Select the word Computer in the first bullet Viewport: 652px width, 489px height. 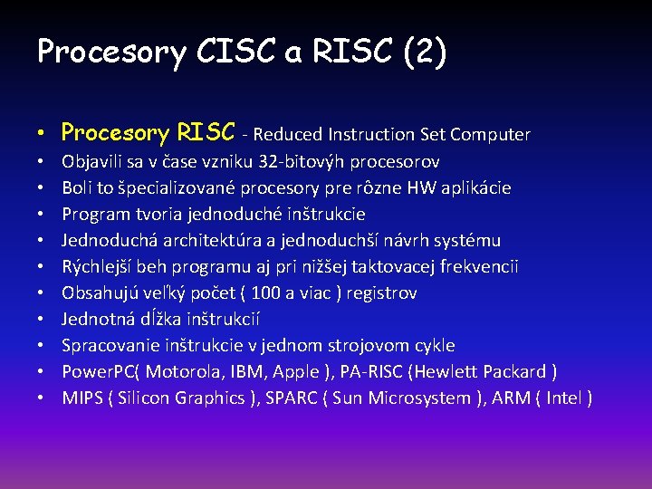pyautogui.click(x=490, y=135)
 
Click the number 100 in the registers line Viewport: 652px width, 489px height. pyautogui.click(x=266, y=293)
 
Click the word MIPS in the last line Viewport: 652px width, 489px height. pyautogui.click(x=82, y=398)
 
